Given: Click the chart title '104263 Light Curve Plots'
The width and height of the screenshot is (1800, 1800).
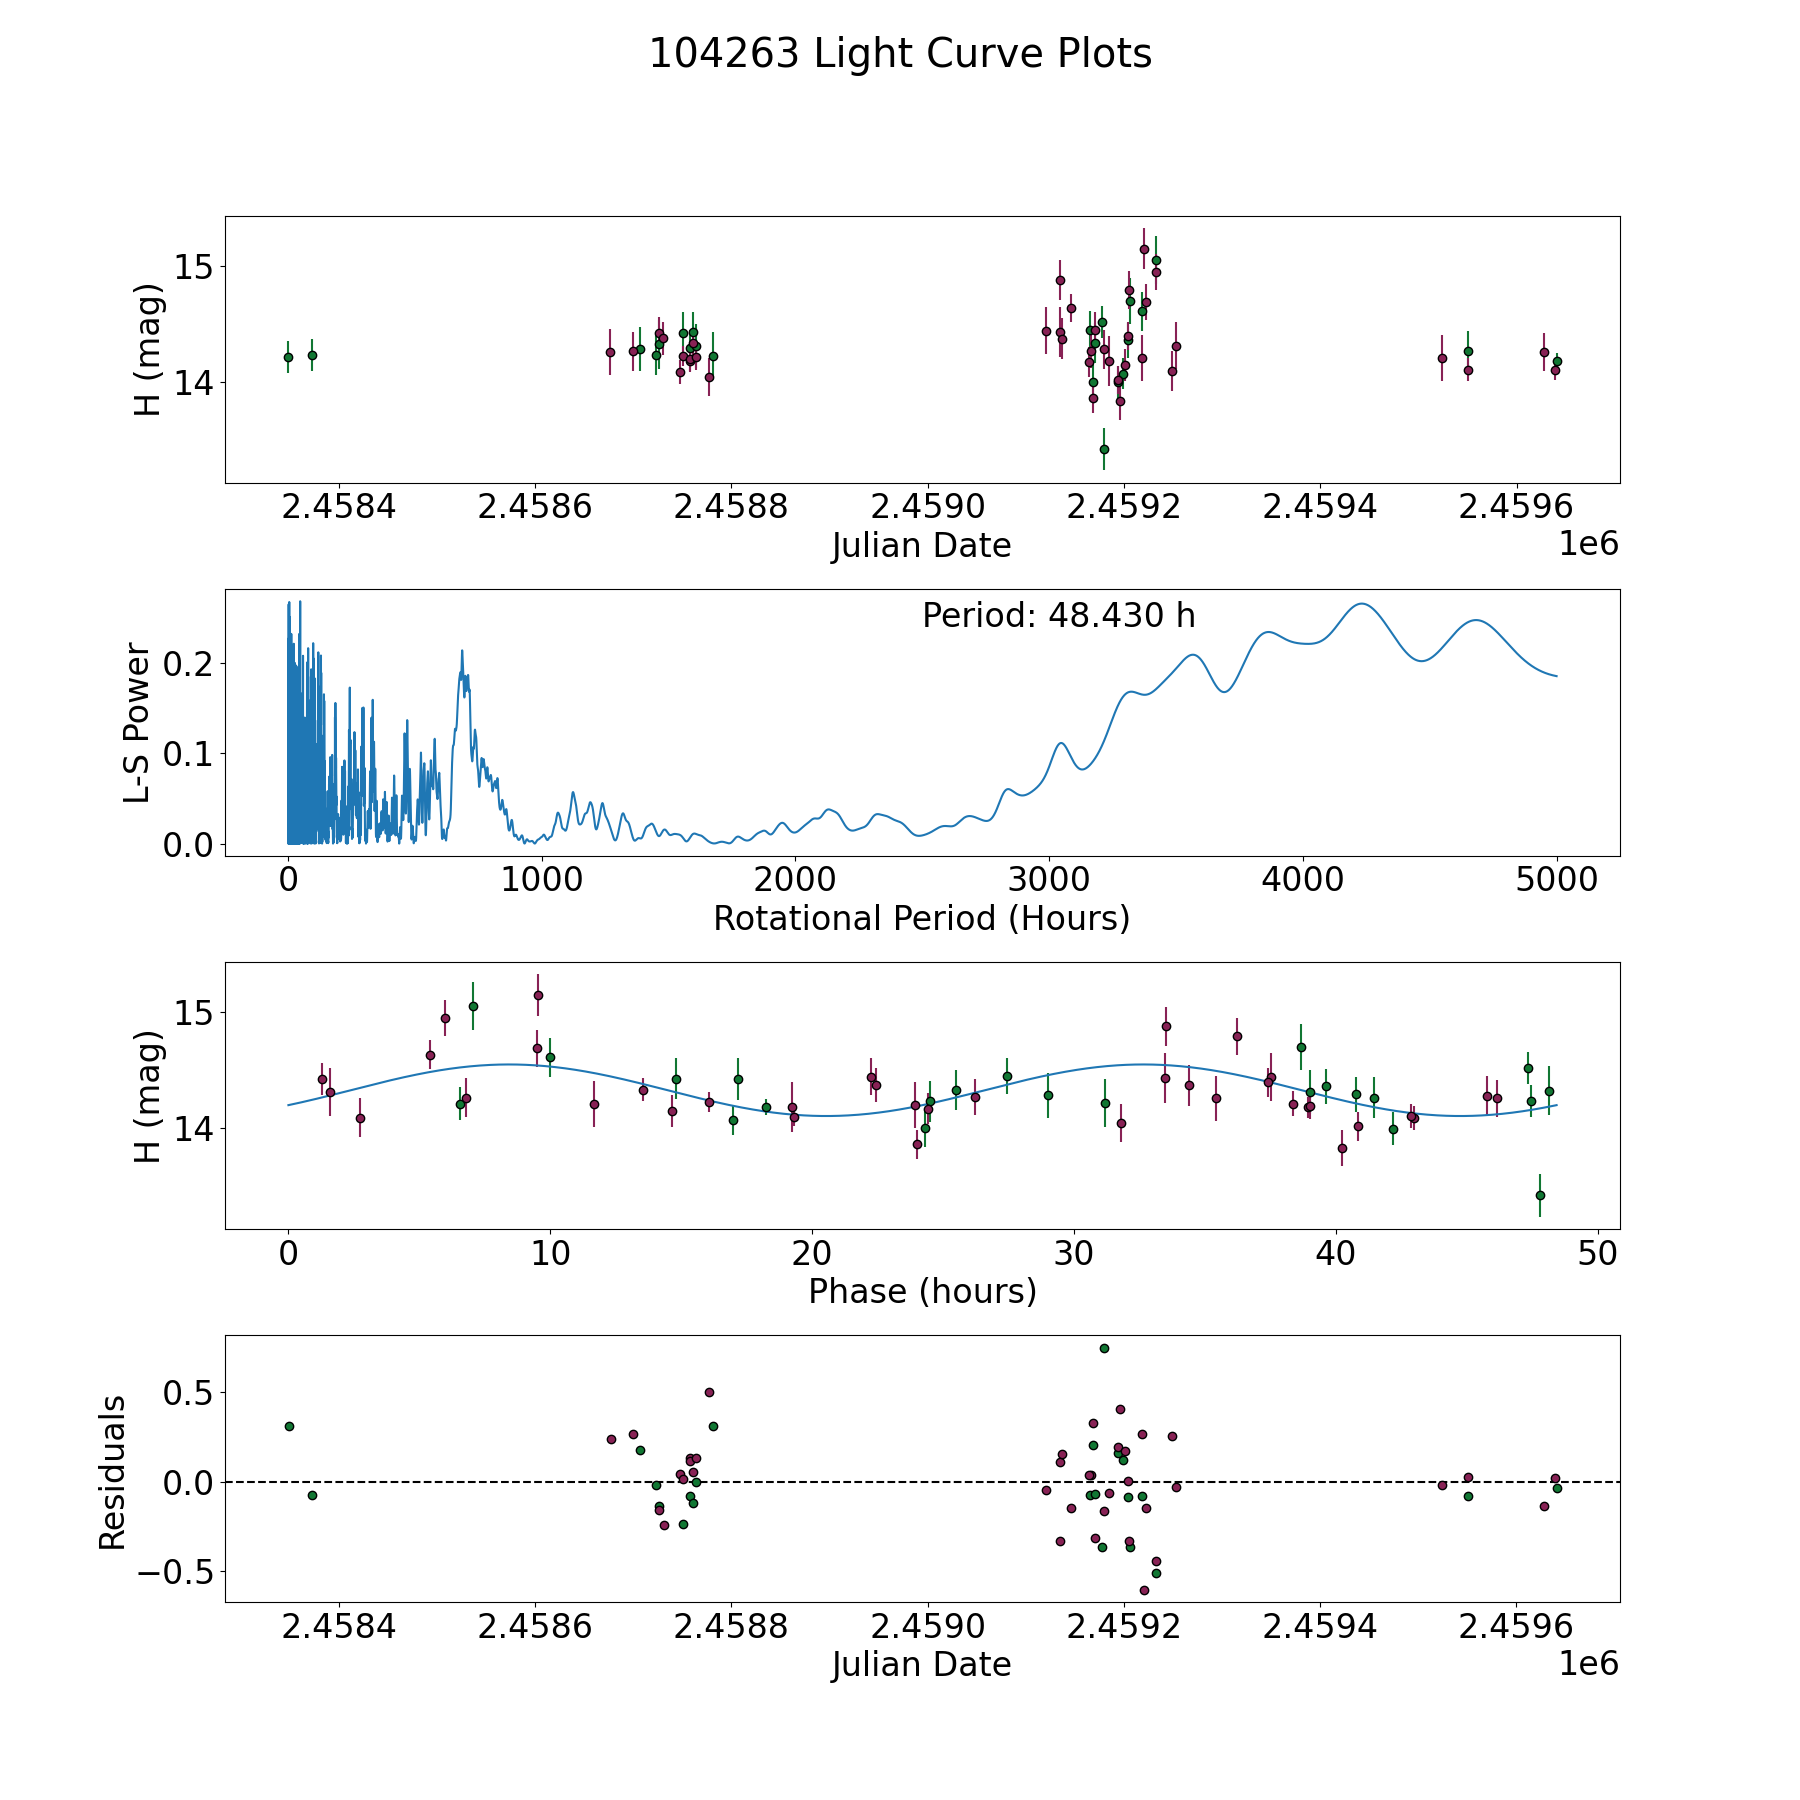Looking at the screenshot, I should (x=900, y=54).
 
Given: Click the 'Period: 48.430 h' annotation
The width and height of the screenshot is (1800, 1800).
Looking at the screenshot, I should (x=1058, y=616).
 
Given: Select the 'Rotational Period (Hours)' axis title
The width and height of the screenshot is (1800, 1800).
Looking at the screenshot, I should (x=921, y=918).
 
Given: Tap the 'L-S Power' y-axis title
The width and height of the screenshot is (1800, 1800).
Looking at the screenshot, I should (x=138, y=723).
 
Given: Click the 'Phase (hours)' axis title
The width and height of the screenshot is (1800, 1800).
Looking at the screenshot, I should (x=921, y=1291).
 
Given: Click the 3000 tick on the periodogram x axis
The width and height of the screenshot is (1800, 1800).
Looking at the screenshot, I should (x=1049, y=880).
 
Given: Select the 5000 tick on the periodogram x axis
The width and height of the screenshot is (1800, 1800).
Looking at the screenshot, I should (x=1556, y=880).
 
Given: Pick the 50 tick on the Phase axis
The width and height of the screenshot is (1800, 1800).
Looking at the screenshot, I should (x=1597, y=1253).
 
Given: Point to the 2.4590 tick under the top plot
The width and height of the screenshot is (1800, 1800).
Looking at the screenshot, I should (x=927, y=507).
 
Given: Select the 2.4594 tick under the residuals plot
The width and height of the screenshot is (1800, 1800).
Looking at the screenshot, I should (x=1320, y=1627).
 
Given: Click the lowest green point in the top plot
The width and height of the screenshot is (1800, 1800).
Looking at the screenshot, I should (x=1104, y=449).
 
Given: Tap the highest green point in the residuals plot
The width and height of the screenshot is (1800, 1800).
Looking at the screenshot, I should (x=1104, y=1348).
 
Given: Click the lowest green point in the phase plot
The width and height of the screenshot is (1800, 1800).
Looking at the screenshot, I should (x=1540, y=1195).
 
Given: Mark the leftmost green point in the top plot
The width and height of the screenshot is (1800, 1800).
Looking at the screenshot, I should (x=288, y=357).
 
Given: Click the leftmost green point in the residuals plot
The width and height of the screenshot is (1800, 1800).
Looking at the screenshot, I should (x=289, y=1426).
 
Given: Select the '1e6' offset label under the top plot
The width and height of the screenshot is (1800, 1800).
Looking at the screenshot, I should (x=1588, y=545).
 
